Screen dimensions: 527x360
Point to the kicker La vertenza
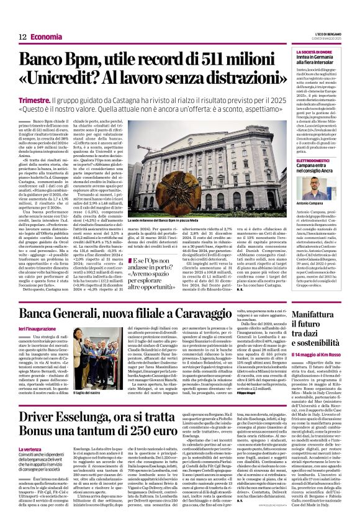coord(31,448)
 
